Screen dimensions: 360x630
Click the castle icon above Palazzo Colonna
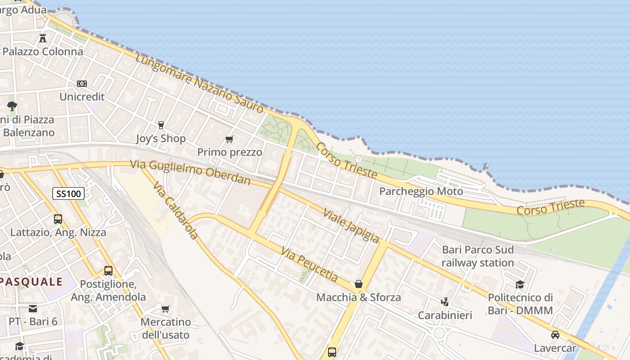[43, 38]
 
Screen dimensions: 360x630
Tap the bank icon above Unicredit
[82, 84]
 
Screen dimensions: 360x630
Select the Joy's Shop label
[161, 138]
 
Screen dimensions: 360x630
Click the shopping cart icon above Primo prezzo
[229, 139]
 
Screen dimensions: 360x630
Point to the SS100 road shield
[68, 194]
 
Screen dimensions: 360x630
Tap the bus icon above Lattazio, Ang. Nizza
[58, 219]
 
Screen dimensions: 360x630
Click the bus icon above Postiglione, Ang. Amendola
[108, 271]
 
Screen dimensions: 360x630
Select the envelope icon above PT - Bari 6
[33, 309]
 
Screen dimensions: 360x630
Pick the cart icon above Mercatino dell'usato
[166, 309]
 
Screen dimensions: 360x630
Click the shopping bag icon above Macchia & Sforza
[359, 284]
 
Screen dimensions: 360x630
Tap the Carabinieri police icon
[445, 301]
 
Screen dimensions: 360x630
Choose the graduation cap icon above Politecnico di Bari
[520, 284]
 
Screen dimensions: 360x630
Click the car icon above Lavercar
[555, 335]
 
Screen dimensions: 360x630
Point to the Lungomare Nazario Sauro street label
[199, 83]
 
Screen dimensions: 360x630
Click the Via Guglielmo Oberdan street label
[190, 172]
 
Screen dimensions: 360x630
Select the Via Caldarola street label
[175, 210]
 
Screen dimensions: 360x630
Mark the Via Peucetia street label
[309, 265]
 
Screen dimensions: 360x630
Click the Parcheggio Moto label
[421, 191]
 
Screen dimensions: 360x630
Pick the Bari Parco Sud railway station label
[477, 256]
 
